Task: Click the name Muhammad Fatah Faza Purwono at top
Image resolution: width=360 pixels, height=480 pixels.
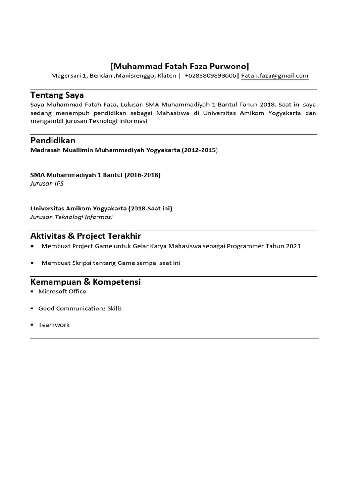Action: [180, 66]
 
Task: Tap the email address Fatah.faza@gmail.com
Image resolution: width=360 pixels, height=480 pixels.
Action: [275, 75]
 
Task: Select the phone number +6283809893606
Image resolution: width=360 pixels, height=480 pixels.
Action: [210, 75]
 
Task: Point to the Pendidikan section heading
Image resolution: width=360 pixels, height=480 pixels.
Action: [53, 141]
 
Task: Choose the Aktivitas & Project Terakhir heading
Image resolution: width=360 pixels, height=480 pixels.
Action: [86, 236]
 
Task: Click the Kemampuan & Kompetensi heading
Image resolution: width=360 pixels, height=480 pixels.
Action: [86, 282]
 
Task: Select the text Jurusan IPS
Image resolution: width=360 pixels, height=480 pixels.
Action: [47, 183]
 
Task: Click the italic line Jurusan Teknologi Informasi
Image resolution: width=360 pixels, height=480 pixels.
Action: [72, 217]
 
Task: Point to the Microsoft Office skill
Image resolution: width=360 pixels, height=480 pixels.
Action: [62, 292]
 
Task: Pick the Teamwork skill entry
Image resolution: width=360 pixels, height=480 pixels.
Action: [54, 325]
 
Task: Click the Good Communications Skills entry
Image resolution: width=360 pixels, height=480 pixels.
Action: [80, 308]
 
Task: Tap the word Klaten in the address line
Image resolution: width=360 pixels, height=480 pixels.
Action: [166, 75]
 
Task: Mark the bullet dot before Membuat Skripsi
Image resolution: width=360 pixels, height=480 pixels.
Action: [32, 263]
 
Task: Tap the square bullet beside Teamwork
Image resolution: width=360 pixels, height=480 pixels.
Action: [32, 325]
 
